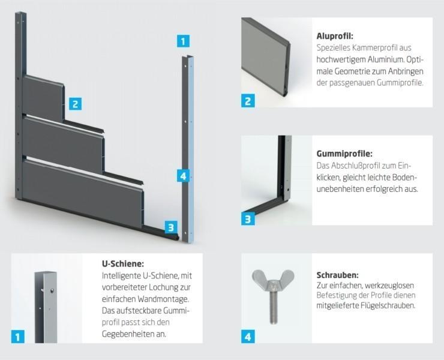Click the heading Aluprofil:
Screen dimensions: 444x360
click(x=335, y=37)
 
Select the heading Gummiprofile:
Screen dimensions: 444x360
click(x=344, y=154)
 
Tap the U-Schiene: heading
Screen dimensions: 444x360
click(x=123, y=263)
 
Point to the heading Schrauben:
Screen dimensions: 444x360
click(x=338, y=275)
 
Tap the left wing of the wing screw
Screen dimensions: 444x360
click(x=259, y=277)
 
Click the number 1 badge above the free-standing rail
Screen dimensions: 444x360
click(x=183, y=41)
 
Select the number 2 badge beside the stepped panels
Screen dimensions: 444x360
click(x=75, y=104)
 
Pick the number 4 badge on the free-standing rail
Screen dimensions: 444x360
click(x=183, y=176)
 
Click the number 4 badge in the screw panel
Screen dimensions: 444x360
click(x=248, y=337)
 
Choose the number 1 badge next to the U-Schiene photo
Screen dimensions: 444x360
click(x=18, y=337)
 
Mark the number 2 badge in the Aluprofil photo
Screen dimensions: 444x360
click(x=248, y=101)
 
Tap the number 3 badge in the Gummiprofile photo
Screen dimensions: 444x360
click(x=248, y=219)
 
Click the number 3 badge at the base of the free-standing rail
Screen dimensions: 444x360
click(x=171, y=227)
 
